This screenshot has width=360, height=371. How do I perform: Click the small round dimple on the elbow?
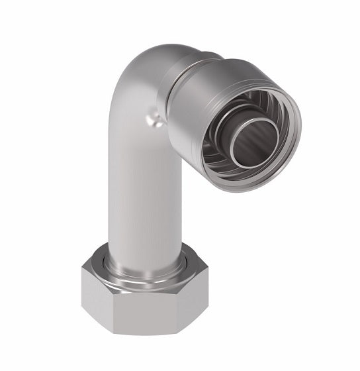[154, 120]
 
